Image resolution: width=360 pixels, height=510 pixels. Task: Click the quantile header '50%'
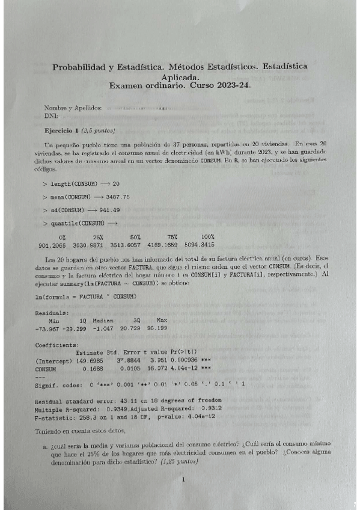[x=136, y=238]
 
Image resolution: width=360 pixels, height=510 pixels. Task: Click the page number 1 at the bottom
[x=182, y=479]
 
